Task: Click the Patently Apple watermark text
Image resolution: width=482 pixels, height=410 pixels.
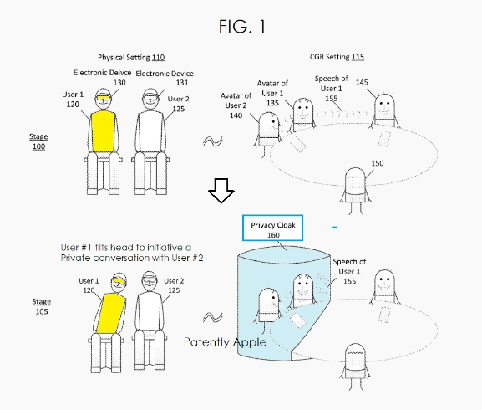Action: point(226,342)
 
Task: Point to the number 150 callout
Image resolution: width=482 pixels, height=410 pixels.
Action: point(377,163)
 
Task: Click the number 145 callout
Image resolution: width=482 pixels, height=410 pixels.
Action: point(384,82)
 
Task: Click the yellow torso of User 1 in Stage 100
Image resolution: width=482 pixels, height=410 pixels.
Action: point(103,134)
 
